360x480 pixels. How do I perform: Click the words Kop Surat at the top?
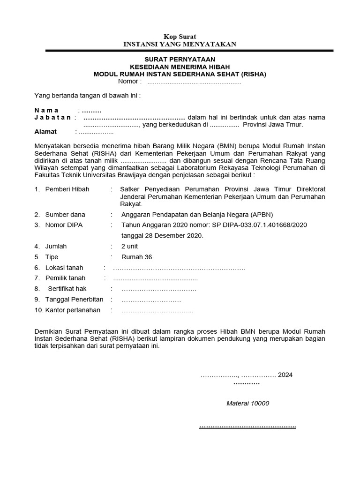tap(180, 37)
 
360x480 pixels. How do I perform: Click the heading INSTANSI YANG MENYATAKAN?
tap(180, 44)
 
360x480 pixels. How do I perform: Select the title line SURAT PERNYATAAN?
tap(180, 59)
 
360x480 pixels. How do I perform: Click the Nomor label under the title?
tap(130, 82)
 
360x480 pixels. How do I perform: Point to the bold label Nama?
tap(46, 110)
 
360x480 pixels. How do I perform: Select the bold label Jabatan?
tap(52, 117)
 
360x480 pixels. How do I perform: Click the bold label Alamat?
tap(46, 132)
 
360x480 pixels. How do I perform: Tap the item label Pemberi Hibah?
tap(67, 189)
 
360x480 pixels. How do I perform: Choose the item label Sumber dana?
tap(65, 214)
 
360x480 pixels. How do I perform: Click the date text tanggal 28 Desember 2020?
tap(162, 236)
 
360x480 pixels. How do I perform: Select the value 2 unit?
tap(130, 246)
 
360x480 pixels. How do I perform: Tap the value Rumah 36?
tap(136, 257)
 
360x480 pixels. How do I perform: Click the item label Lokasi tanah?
tap(64, 268)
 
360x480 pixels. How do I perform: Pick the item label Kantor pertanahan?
tap(73, 310)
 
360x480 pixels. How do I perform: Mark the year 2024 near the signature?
tap(285, 375)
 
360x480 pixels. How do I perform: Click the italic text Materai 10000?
tap(248, 403)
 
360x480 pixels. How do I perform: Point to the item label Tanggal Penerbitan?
tap(74, 300)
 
